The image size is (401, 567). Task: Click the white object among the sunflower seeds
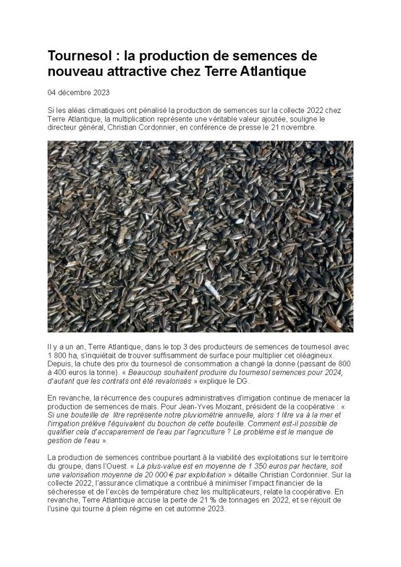pyautogui.click(x=212, y=288)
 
